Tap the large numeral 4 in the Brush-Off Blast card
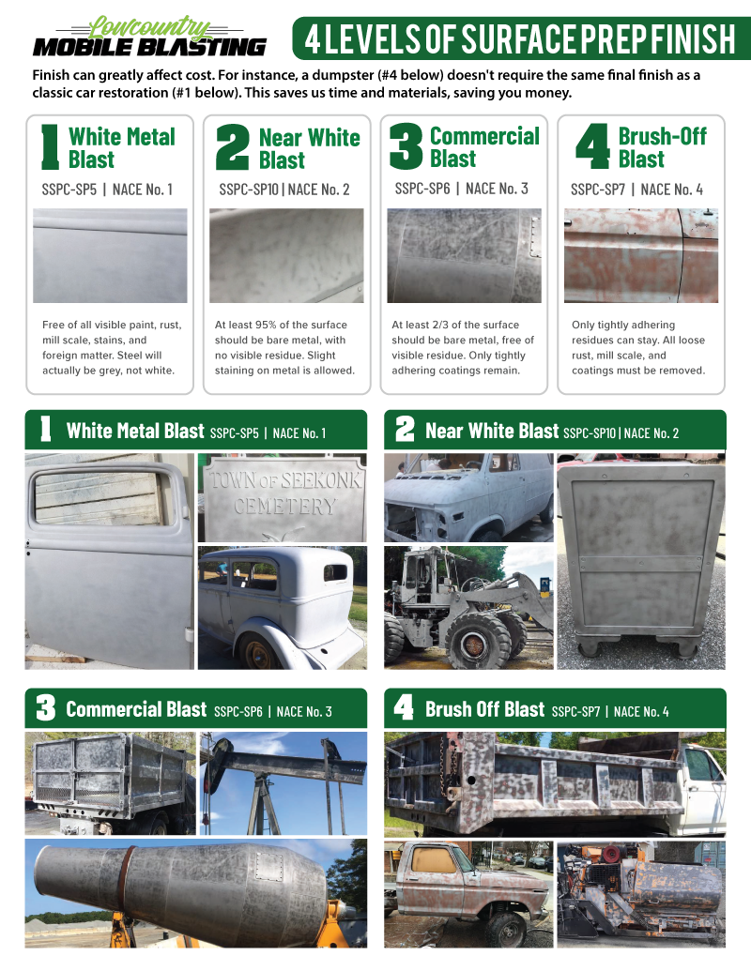(592, 147)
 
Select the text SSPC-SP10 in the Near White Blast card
(251, 190)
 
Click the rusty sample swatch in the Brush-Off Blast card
(640, 255)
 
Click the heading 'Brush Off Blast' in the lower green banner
(484, 709)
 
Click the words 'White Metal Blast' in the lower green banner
(135, 432)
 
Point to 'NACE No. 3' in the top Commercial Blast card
(497, 189)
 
